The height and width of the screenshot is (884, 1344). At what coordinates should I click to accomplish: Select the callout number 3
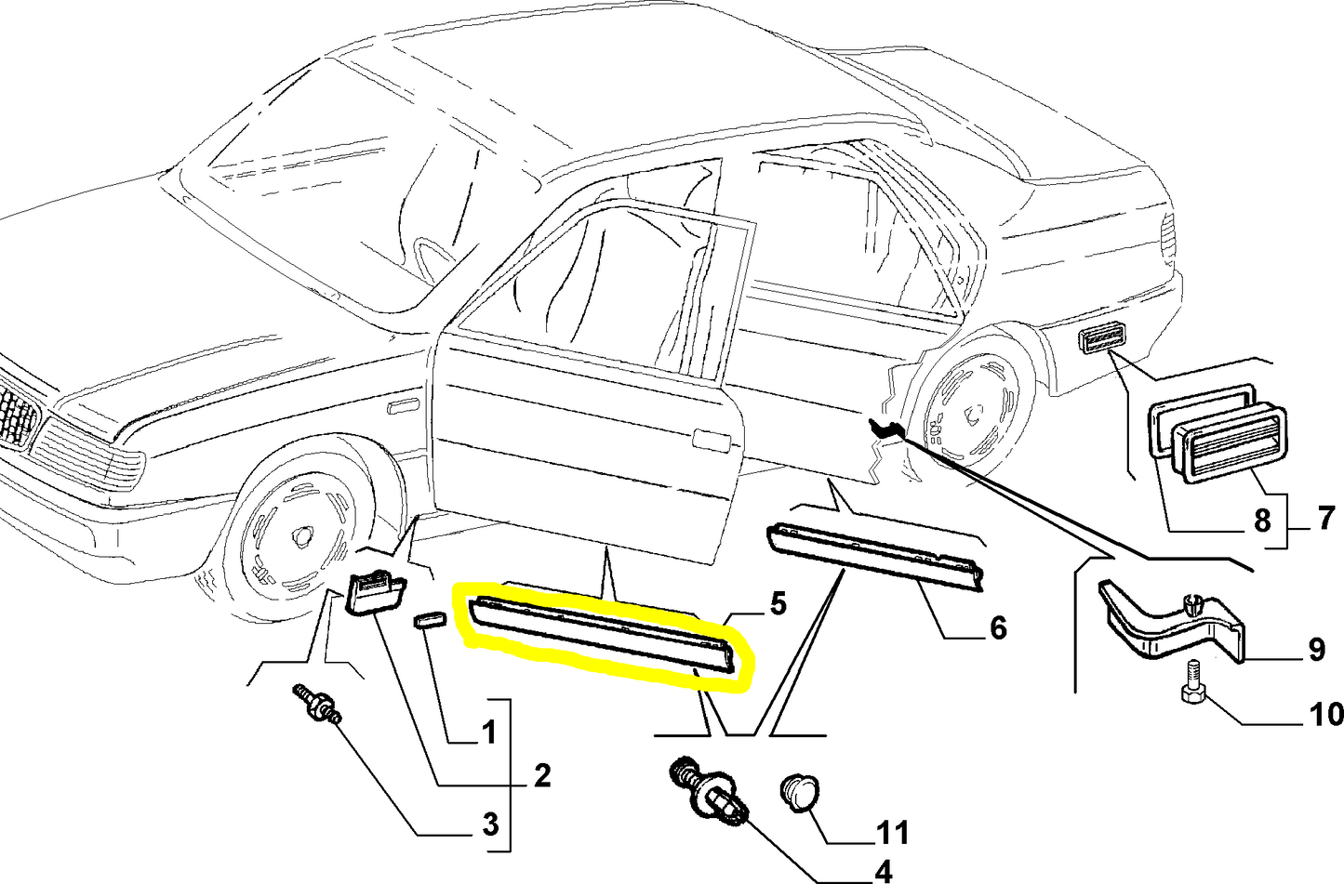pyautogui.click(x=490, y=823)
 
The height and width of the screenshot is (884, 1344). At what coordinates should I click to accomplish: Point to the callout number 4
pyautogui.click(x=882, y=871)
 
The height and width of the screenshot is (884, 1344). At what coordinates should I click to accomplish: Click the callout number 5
pyautogui.click(x=778, y=604)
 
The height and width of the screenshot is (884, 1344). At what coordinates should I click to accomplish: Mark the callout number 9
pyautogui.click(x=1316, y=650)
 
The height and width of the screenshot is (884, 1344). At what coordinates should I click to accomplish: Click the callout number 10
pyautogui.click(x=1324, y=714)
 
